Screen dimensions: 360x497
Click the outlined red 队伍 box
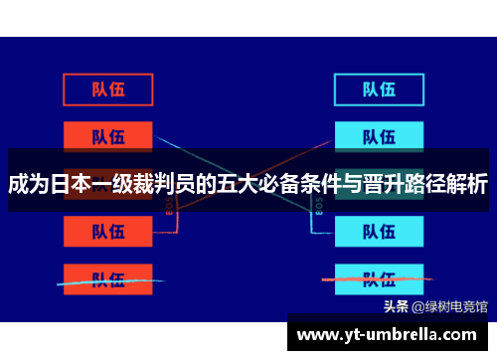click(108, 89)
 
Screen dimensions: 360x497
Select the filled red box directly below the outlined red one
click(108, 135)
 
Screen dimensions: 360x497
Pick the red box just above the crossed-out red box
click(108, 231)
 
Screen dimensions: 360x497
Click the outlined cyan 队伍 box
click(379, 89)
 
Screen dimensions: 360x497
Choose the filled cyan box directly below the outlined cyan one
click(379, 135)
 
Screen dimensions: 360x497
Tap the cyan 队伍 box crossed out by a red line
click(379, 278)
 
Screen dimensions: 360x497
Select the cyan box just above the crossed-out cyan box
click(379, 231)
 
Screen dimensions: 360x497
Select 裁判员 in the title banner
click(168, 185)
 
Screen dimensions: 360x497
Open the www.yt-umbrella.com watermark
click(391, 333)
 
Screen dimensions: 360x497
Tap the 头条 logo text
click(396, 306)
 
